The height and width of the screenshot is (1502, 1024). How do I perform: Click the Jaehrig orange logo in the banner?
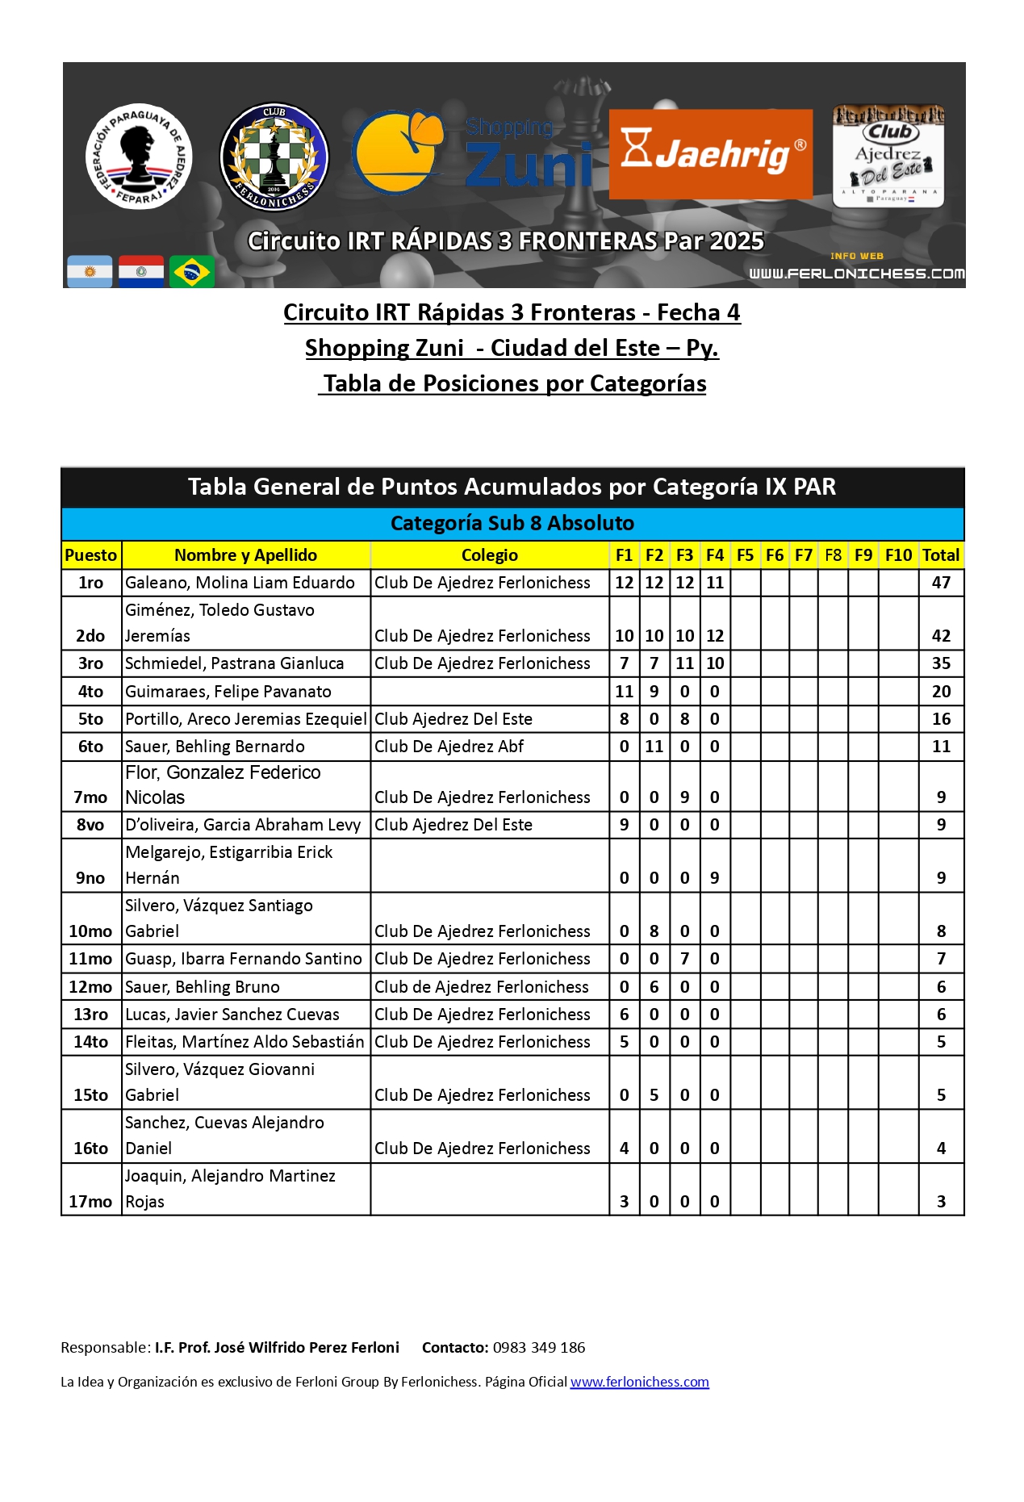coord(710,153)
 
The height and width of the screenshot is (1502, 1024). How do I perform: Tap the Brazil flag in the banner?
coord(192,272)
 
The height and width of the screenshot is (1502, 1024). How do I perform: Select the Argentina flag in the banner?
coord(90,272)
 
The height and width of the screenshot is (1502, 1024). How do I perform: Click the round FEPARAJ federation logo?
coord(139,156)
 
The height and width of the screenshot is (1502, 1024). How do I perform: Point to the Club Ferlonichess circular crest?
coord(274,157)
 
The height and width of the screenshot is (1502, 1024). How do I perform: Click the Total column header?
coord(941,555)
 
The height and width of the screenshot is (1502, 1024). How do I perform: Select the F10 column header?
coord(898,555)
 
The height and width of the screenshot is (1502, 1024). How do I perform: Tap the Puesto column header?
coord(91,555)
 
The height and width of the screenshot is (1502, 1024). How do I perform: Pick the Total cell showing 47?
coord(941,583)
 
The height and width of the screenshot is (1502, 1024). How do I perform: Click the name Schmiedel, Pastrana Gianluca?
coord(235,663)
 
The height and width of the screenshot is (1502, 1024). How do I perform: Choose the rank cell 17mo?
coord(90,1201)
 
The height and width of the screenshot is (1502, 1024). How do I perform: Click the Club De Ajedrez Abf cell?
coord(449,747)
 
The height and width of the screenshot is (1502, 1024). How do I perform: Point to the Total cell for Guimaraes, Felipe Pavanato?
coord(941,692)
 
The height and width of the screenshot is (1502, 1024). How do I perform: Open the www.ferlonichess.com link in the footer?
coord(639,1382)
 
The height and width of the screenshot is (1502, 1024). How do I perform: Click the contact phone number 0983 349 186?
coord(539,1347)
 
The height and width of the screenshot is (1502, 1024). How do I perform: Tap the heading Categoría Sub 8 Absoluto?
coord(512,523)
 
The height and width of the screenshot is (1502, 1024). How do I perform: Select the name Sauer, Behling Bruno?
coord(203,987)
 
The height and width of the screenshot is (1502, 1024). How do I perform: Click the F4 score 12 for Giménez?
coord(715,636)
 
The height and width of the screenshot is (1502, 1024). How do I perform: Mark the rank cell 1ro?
coord(90,583)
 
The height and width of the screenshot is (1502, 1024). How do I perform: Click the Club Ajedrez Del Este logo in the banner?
coord(888,156)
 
